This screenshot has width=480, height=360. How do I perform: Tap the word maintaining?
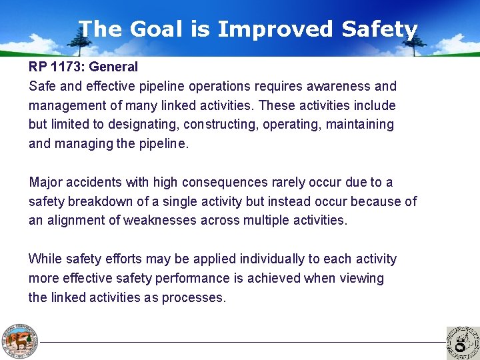click(359, 124)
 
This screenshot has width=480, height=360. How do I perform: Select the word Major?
click(46, 182)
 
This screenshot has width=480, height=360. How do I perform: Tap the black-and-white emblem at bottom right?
click(462, 342)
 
